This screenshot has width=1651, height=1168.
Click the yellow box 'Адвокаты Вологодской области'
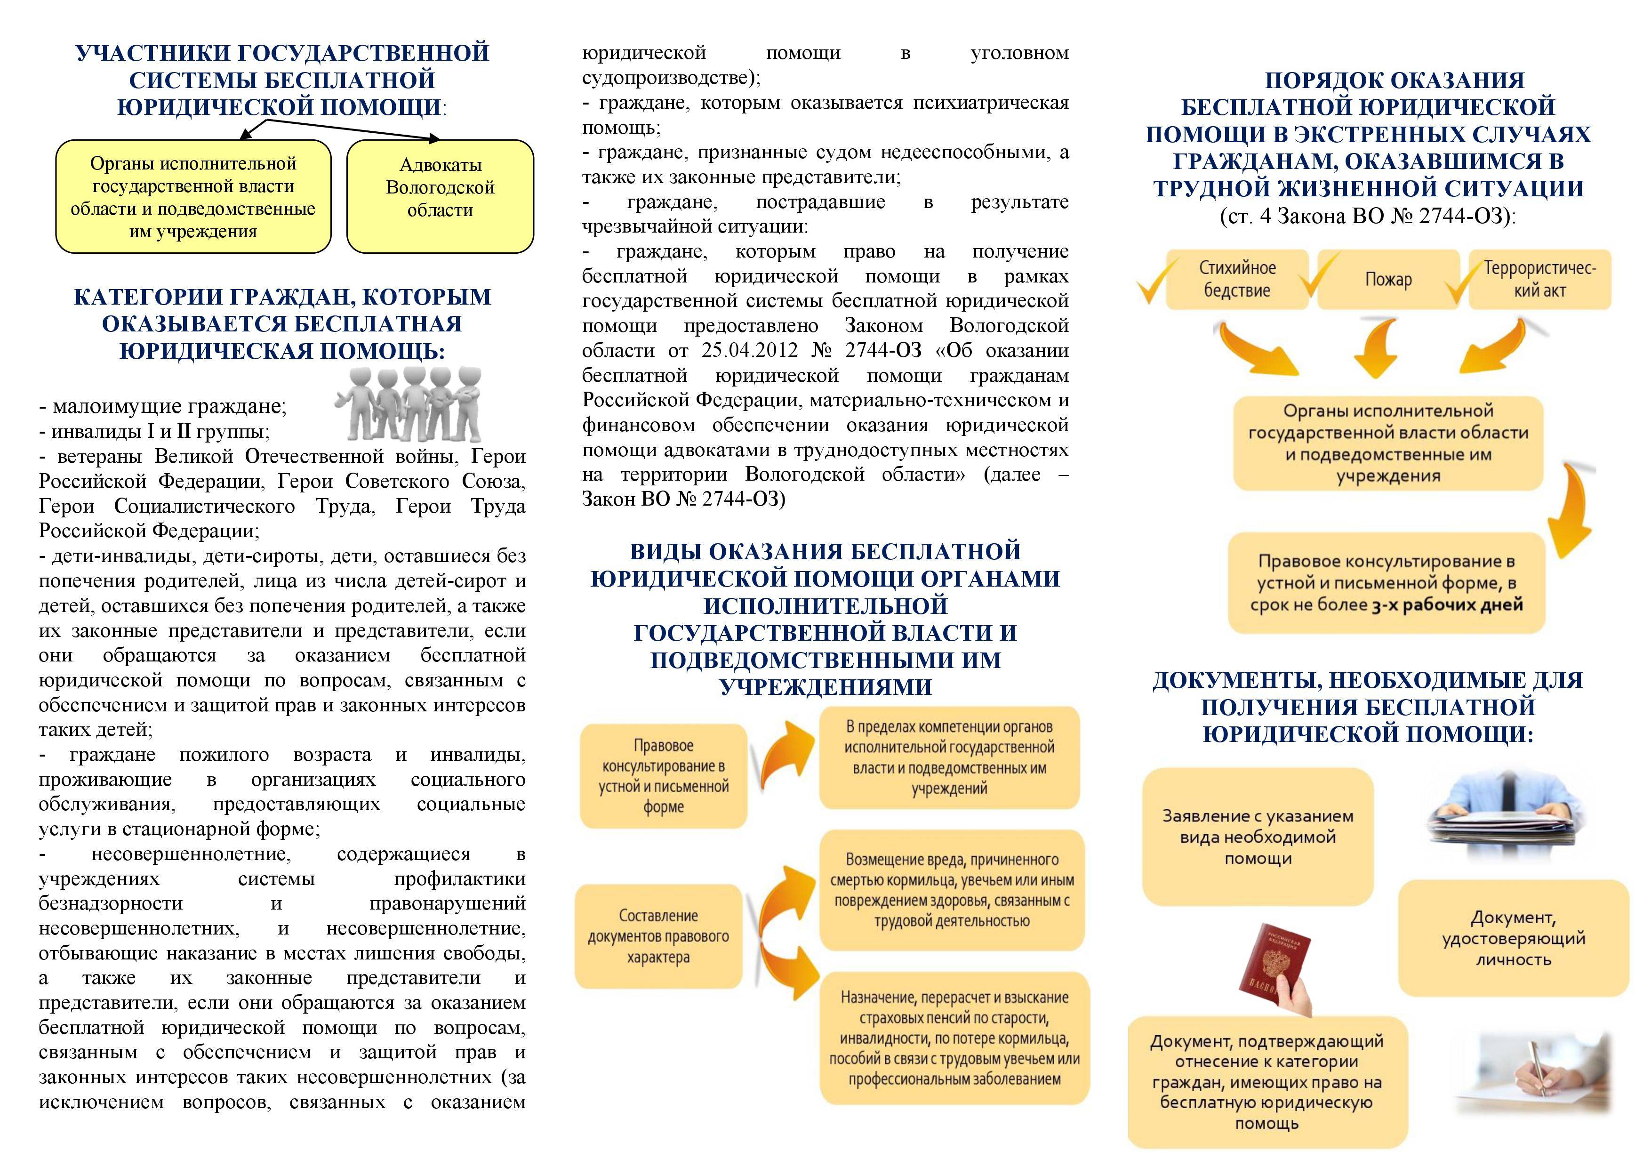coord(440,196)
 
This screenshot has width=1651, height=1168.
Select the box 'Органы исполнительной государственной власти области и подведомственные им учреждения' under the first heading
coord(192,196)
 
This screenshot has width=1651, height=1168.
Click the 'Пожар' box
coord(1388,279)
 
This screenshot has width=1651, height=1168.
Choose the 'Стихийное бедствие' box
coord(1237,279)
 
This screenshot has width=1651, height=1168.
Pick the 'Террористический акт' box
coord(1539,279)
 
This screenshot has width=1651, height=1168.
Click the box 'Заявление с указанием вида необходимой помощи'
coord(1258,837)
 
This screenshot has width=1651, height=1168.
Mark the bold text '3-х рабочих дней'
coord(1447,605)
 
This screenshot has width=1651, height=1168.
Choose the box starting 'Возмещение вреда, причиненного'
coord(951,890)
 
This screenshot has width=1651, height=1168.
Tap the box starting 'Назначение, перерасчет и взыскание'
coord(954,1038)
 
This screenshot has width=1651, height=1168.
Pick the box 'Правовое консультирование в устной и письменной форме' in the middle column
coord(663,776)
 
